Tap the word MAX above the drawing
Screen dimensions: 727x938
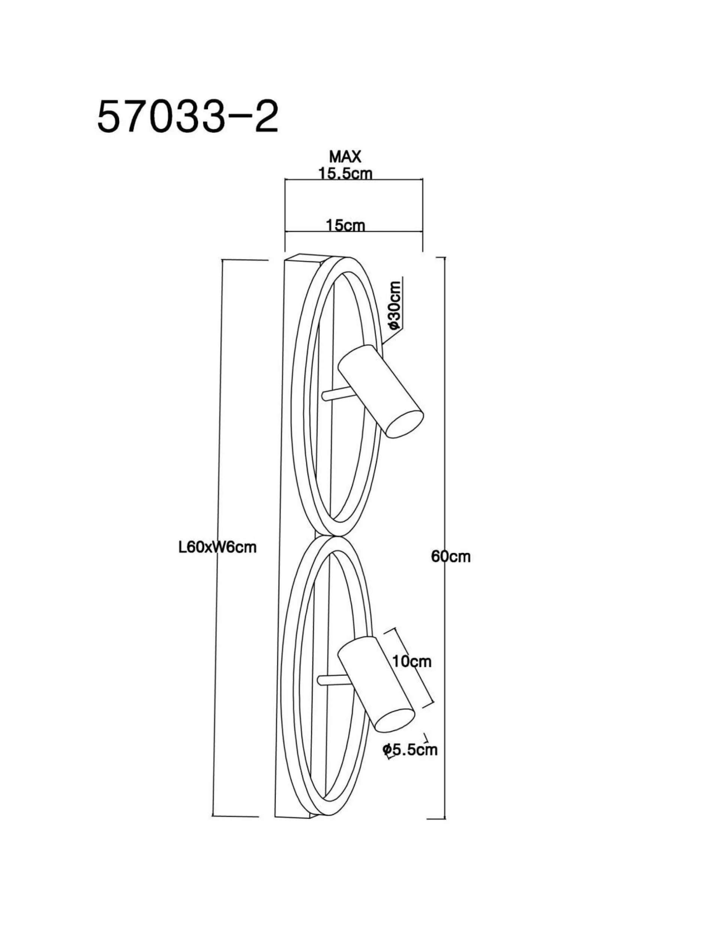(x=345, y=157)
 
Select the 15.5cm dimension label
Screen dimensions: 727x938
(x=345, y=173)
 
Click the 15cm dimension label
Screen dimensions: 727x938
(x=345, y=225)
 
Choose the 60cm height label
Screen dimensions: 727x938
(x=451, y=557)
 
